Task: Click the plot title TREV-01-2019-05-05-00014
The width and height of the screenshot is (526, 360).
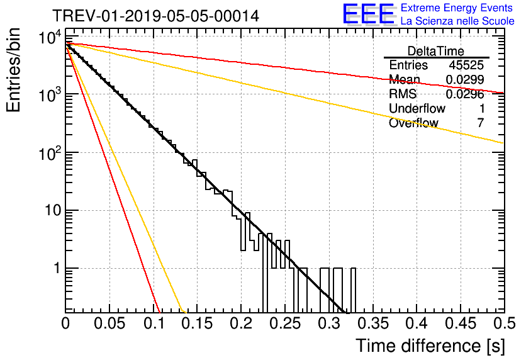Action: [156, 16]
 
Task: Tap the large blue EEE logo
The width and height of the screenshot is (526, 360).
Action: [369, 14]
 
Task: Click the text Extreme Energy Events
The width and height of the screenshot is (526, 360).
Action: [457, 8]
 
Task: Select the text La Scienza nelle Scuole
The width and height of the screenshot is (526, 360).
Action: [457, 21]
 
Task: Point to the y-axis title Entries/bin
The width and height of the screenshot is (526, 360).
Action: [13, 70]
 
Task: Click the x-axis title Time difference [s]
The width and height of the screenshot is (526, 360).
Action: [430, 346]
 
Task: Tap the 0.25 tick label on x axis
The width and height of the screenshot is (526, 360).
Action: [285, 323]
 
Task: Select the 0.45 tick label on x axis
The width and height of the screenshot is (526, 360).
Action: [461, 323]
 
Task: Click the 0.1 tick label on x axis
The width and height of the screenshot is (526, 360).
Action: [154, 323]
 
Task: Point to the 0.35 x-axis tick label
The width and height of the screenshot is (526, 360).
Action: [373, 323]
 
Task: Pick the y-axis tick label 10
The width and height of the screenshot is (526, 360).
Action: [53, 211]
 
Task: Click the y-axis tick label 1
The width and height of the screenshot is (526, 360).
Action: [57, 268]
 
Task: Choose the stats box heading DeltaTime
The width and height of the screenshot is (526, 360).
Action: [436, 51]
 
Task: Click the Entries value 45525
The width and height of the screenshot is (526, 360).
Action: [466, 65]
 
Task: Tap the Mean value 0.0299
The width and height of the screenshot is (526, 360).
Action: [465, 79]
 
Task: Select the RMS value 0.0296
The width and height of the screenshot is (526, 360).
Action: [465, 94]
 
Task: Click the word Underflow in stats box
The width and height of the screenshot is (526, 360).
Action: [417, 108]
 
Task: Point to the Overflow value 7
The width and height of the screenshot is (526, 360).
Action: [481, 123]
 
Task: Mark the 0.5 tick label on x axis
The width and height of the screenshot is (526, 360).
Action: [504, 323]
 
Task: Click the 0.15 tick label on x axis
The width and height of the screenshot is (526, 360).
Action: [198, 323]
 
